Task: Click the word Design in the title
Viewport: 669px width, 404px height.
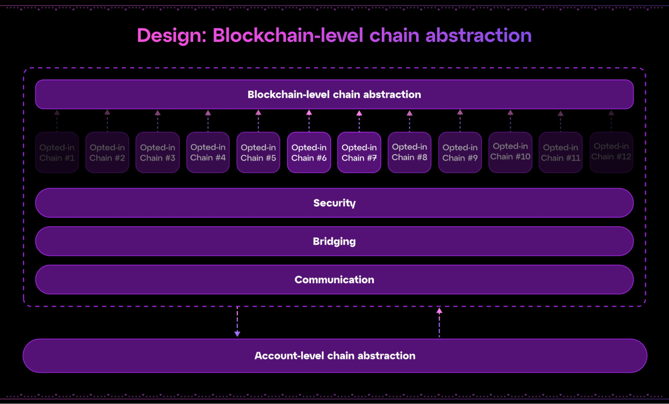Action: click(x=172, y=36)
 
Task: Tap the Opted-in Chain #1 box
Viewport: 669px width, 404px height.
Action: click(x=57, y=152)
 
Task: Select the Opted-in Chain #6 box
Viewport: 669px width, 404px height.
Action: click(x=309, y=152)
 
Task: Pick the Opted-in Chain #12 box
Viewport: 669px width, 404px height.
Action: click(x=611, y=152)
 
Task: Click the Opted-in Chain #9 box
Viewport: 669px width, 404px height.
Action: click(x=460, y=152)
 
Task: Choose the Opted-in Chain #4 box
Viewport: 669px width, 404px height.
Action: click(x=208, y=152)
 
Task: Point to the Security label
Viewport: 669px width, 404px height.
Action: click(x=334, y=203)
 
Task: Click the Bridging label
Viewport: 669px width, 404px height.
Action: click(x=334, y=242)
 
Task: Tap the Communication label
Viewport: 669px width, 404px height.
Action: click(x=334, y=280)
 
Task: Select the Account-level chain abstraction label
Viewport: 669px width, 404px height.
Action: click(x=335, y=356)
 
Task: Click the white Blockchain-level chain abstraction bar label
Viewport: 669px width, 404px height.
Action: click(x=334, y=94)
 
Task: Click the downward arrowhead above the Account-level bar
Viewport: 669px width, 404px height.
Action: click(x=237, y=334)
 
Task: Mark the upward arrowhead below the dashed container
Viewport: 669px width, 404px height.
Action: click(x=439, y=311)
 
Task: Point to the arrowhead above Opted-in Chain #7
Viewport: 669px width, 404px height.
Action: click(x=359, y=113)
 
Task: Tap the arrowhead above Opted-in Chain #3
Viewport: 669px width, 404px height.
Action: click(x=158, y=113)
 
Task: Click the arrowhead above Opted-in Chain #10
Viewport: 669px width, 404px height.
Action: click(x=510, y=113)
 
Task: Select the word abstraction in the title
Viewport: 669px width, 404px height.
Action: click(x=478, y=35)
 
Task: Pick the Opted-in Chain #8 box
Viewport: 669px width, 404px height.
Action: click(x=409, y=152)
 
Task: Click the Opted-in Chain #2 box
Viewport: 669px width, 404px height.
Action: click(x=107, y=152)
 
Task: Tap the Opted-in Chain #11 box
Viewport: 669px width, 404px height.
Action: click(x=561, y=152)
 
